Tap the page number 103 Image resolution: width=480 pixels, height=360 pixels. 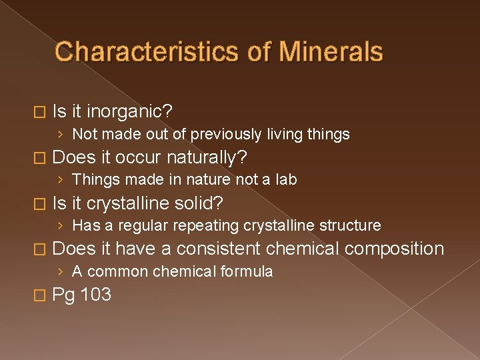(x=95, y=294)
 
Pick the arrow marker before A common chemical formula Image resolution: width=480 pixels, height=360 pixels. (x=61, y=271)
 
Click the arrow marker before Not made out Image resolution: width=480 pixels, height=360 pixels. (x=61, y=135)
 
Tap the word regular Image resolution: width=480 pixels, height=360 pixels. (x=139, y=225)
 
